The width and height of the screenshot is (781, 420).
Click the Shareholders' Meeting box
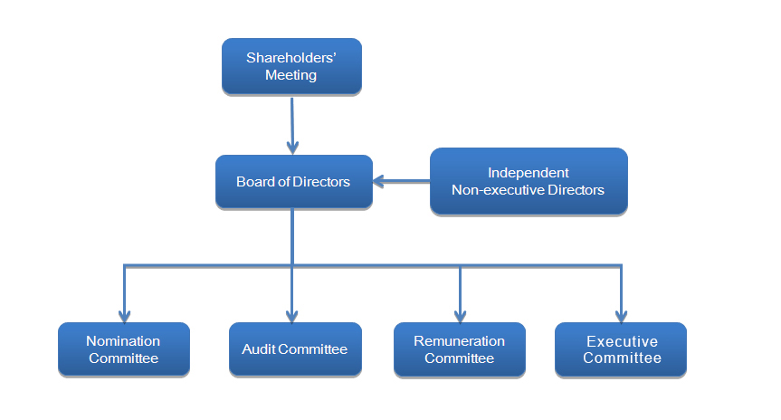[291, 66]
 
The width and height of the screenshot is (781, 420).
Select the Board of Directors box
[293, 182]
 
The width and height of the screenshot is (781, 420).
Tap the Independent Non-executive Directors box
[529, 181]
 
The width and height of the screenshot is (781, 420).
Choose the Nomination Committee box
[123, 349]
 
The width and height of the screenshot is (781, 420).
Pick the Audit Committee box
[295, 349]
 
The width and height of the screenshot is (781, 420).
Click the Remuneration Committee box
[459, 349]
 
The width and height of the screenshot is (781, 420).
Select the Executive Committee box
[621, 349]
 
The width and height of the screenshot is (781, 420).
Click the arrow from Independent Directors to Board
[403, 182]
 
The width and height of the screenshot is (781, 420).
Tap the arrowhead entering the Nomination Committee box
[124, 315]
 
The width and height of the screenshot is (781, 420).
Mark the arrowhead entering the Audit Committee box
[292, 315]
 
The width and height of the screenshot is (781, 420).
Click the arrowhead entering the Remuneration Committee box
[460, 315]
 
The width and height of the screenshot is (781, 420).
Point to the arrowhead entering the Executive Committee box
[621, 315]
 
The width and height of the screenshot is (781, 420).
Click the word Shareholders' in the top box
[291, 58]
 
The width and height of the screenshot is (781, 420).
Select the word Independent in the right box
[529, 173]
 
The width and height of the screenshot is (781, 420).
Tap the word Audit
[258, 349]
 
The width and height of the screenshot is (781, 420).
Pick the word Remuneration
[459, 341]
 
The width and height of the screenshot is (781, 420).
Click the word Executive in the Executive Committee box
[622, 342]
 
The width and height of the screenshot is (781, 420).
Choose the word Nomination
[123, 341]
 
